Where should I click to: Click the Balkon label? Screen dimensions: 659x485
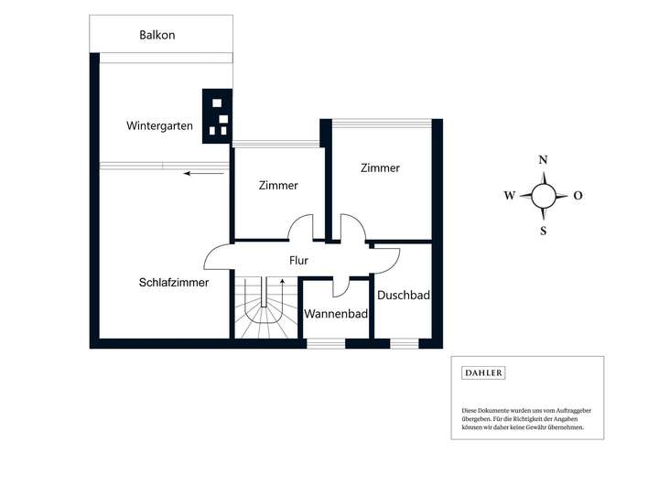pyautogui.click(x=157, y=35)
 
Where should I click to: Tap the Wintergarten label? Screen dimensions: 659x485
pyautogui.click(x=159, y=125)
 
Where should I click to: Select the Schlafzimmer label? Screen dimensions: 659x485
pyautogui.click(x=174, y=283)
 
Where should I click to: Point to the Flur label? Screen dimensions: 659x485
pyautogui.click(x=298, y=261)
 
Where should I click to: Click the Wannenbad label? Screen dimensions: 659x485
pyautogui.click(x=336, y=314)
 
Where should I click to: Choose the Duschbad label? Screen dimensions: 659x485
pyautogui.click(x=404, y=295)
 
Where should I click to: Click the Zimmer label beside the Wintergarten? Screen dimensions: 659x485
pyautogui.click(x=278, y=186)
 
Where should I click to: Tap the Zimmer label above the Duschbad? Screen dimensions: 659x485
pyautogui.click(x=380, y=167)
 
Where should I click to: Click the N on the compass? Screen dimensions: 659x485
pyautogui.click(x=543, y=160)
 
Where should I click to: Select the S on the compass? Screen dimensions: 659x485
pyautogui.click(x=544, y=231)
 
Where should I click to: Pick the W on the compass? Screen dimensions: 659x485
pyautogui.click(x=510, y=196)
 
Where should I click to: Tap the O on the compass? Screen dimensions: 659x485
pyautogui.click(x=578, y=196)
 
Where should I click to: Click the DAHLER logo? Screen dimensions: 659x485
pyautogui.click(x=483, y=372)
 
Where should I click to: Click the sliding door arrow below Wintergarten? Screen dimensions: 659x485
pyautogui.click(x=204, y=173)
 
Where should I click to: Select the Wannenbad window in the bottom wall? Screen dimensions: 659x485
pyautogui.click(x=326, y=344)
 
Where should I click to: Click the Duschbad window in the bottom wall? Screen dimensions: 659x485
pyautogui.click(x=405, y=344)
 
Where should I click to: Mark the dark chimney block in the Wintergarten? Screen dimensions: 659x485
pyautogui.click(x=217, y=116)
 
